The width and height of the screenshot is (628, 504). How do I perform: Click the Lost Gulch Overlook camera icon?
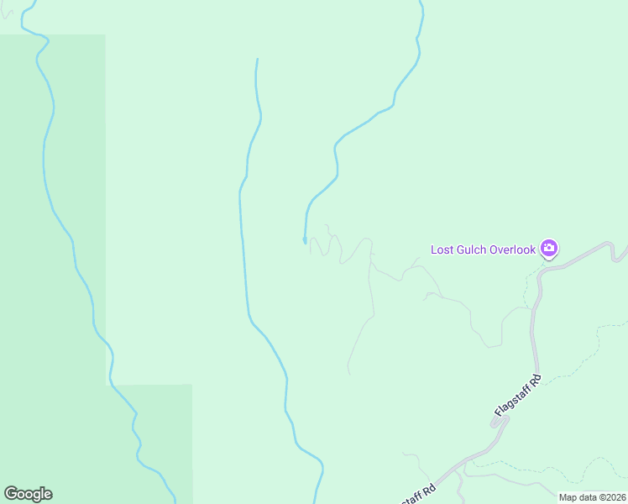click(549, 248)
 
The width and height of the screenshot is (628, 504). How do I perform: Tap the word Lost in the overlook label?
click(442, 249)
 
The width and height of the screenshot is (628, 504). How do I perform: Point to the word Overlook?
click(514, 249)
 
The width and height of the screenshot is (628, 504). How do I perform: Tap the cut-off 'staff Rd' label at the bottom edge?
click(419, 494)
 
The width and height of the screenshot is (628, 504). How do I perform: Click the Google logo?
click(28, 494)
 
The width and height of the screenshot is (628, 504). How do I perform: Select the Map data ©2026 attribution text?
click(591, 497)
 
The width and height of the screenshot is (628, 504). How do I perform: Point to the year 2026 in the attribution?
click(613, 497)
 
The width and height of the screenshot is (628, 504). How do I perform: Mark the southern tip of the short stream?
click(305, 242)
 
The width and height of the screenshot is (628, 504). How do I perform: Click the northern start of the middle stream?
click(256, 60)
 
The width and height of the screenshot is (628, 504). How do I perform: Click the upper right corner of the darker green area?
click(105, 35)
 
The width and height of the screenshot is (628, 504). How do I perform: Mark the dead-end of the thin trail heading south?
click(348, 373)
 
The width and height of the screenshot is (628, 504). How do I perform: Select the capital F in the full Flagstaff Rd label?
click(498, 412)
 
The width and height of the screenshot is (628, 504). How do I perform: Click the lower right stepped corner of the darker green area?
click(191, 386)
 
